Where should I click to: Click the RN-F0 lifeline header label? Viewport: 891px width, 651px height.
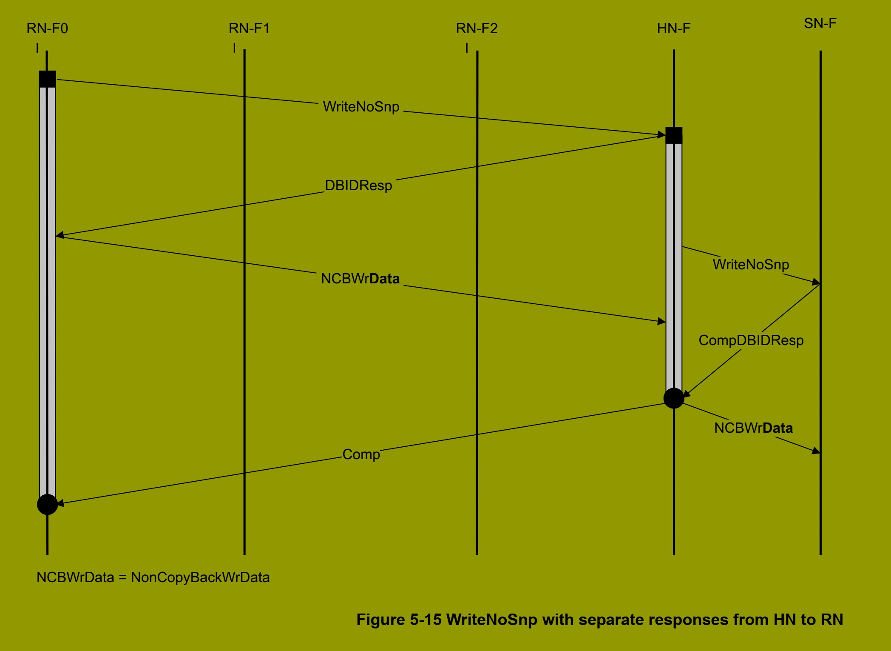pos(47,29)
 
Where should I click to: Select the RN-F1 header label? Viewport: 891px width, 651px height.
pos(249,29)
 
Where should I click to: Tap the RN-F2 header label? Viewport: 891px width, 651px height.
pos(477,29)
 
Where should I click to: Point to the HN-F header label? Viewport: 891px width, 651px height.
pos(673,29)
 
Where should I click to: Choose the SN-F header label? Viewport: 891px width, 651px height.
pos(820,23)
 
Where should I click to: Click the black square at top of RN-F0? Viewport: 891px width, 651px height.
pos(47,79)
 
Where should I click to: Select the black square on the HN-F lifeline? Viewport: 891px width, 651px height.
pos(674,135)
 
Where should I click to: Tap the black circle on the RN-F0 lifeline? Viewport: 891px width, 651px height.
pos(47,504)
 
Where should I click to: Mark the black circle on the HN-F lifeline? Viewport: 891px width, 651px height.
pos(674,398)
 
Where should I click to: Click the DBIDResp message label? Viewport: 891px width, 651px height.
pos(358,186)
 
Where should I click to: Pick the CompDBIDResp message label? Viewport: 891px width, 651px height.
pos(751,340)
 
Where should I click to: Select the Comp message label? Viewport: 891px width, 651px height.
pos(361,454)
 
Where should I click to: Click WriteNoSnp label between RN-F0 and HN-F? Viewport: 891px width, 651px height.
pos(361,107)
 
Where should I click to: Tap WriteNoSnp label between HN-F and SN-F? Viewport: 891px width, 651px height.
pos(751,265)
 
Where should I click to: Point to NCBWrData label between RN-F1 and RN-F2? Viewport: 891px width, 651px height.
pos(360,279)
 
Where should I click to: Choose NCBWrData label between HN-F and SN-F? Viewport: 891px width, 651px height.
pos(753,428)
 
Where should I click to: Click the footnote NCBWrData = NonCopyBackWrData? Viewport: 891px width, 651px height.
pos(153,577)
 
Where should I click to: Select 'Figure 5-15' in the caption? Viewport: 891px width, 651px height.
pos(399,620)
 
